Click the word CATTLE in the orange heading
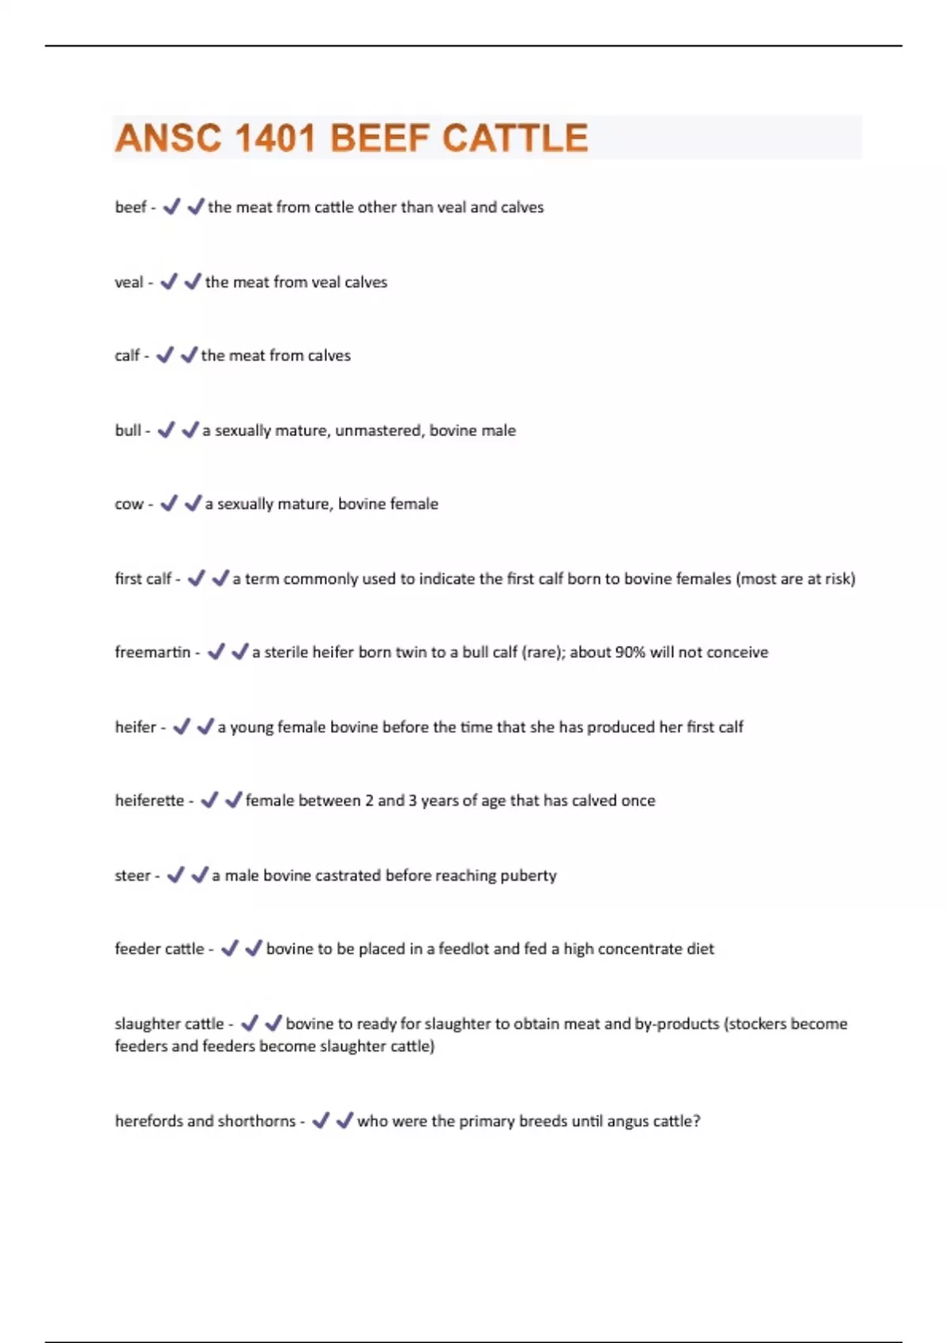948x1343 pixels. (514, 138)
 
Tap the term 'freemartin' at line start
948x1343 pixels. (152, 653)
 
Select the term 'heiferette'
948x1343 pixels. (149, 800)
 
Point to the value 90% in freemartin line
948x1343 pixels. (630, 653)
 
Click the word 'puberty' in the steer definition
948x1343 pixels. (529, 875)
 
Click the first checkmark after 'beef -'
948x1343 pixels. (171, 207)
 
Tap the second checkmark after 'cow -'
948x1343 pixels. (193, 503)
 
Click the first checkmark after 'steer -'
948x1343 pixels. (175, 875)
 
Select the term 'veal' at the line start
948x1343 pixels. (129, 282)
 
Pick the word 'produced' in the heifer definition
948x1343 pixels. (622, 727)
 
